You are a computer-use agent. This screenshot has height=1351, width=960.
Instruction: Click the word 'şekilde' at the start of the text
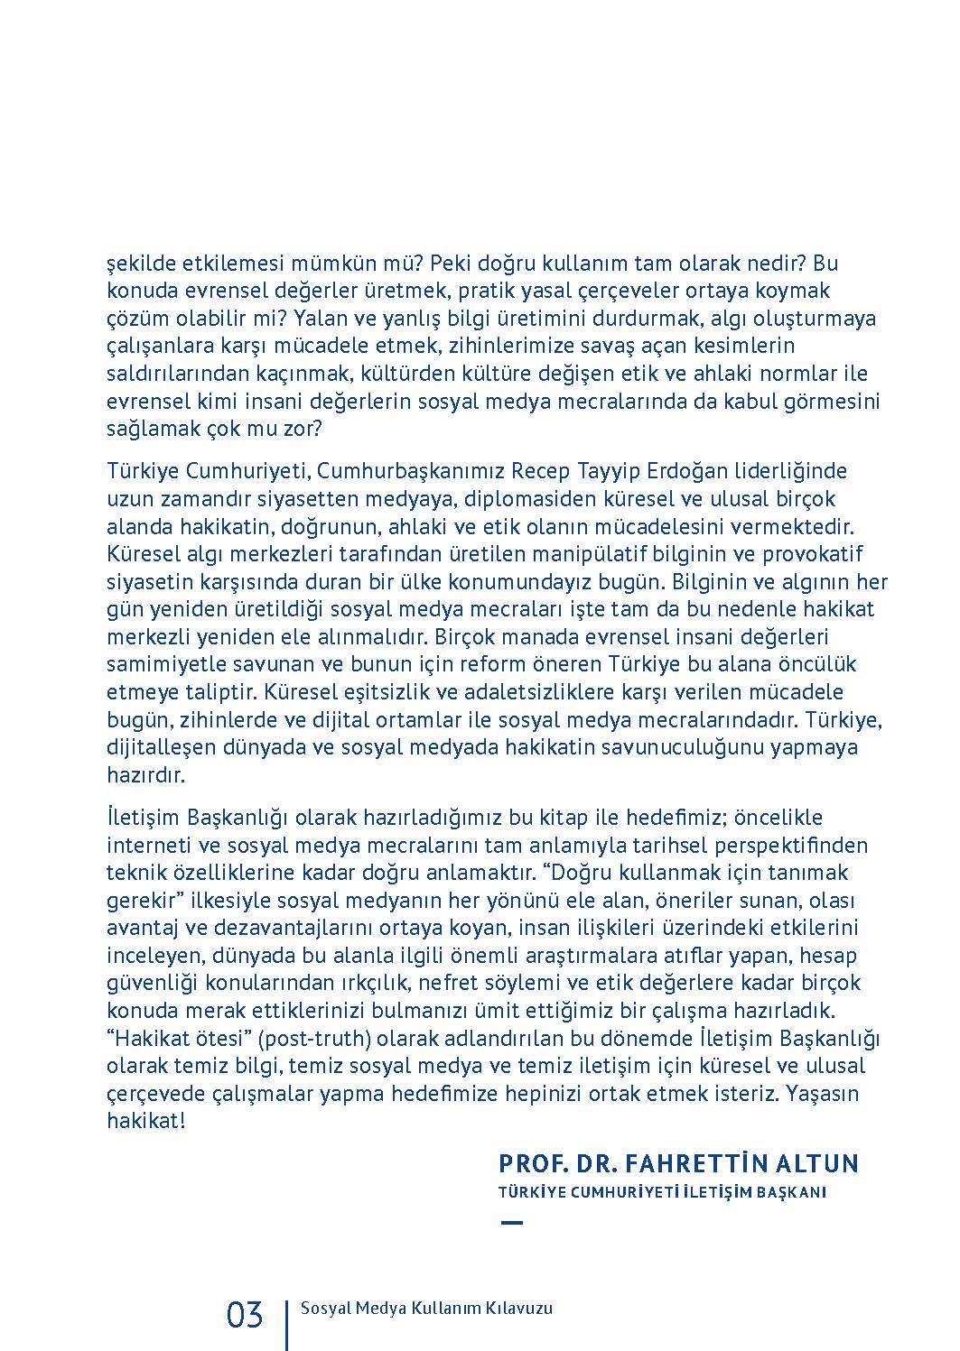tap(138, 264)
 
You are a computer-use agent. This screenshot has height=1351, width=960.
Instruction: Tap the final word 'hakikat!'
tap(146, 1121)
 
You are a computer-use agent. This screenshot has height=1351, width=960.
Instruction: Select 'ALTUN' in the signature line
tap(820, 1162)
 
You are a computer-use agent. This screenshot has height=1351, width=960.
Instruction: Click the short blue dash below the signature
tap(511, 1223)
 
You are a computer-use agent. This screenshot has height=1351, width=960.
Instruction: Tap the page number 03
tap(245, 1315)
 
